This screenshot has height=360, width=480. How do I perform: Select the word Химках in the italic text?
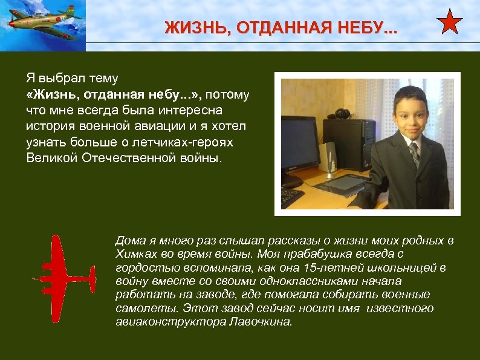tap(132, 254)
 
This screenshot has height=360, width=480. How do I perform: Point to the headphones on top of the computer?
tap(342, 113)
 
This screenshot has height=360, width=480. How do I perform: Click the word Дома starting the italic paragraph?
tap(129, 240)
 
